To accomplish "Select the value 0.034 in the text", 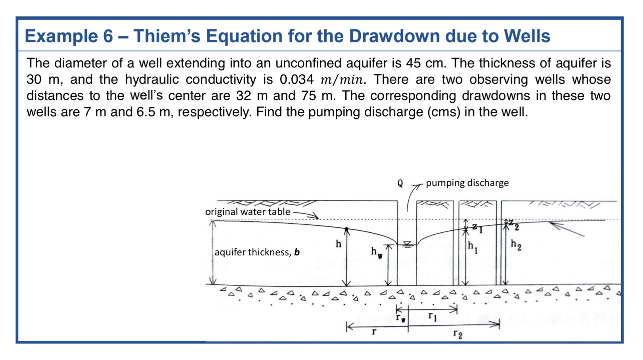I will click(x=297, y=80).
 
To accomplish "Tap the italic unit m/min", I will click(x=341, y=80).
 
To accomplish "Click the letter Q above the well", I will click(x=400, y=183).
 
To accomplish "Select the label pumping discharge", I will click(x=467, y=183).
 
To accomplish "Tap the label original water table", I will click(x=248, y=212).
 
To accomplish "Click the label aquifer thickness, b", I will click(x=257, y=252).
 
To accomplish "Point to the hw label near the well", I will click(x=376, y=252).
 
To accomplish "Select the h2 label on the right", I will click(x=516, y=245).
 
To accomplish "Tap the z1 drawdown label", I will click(x=477, y=228).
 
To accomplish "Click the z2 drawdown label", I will click(x=514, y=225).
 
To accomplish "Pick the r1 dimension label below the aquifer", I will click(x=432, y=316).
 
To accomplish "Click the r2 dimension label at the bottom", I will click(x=457, y=334).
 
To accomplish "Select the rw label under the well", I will click(x=401, y=318).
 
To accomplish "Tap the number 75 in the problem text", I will click(x=308, y=96).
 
